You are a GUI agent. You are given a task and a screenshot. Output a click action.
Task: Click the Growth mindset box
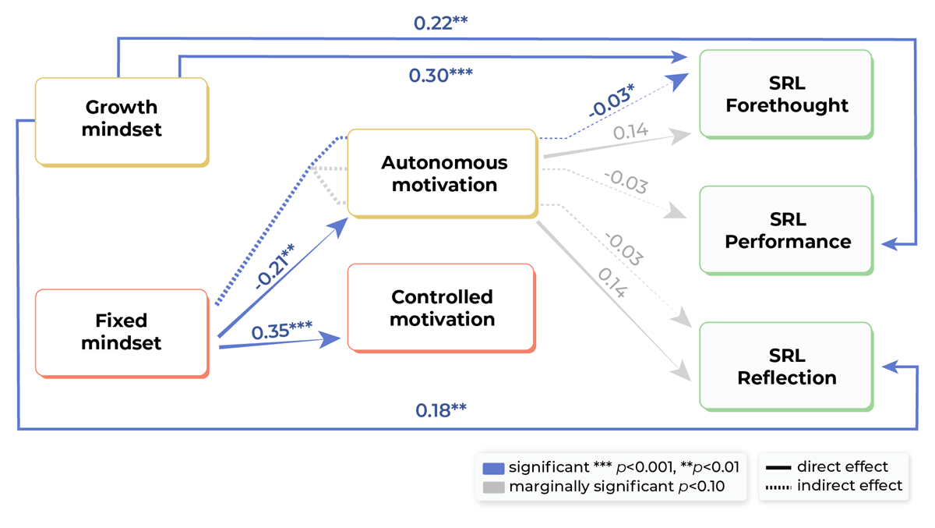coord(122,119)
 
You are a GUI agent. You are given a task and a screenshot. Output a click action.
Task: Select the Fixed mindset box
coord(122,331)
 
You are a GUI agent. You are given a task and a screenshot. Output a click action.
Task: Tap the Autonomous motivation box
coord(442,173)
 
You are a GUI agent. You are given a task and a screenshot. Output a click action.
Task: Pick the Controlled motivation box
coord(441,308)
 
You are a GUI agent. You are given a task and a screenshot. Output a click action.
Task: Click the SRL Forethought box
coord(785,94)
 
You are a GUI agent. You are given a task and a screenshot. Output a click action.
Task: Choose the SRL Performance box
coord(785,230)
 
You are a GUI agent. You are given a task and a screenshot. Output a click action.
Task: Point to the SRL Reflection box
coord(785,367)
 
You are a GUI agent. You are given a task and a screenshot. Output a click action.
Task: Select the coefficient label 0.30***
coord(441,76)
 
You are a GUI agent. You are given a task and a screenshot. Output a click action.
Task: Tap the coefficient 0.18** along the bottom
coord(440,410)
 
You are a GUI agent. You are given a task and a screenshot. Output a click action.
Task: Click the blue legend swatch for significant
coord(493,468)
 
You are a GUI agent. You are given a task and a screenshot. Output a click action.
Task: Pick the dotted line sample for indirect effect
coord(778,487)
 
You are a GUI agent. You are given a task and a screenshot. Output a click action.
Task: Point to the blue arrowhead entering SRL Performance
coord(891,244)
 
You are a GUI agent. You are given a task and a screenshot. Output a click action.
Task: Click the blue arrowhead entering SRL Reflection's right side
coord(891,365)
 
